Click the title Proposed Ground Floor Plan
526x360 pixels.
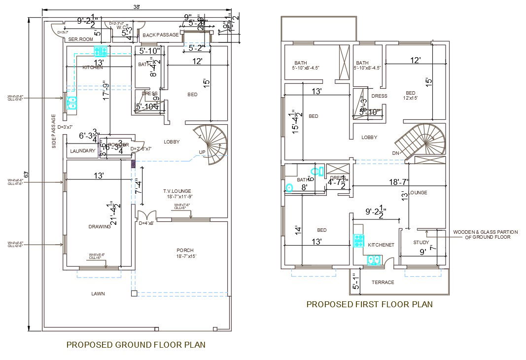point(136,345)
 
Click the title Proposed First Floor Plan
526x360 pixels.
point(369,304)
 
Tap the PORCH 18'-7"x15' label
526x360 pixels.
point(185,253)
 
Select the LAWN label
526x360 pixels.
point(98,293)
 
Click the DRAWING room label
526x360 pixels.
point(99,226)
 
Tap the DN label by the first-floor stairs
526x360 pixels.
point(395,153)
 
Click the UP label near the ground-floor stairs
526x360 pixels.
point(202,152)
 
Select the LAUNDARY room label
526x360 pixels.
point(83,151)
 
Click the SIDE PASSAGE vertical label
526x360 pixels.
point(54,131)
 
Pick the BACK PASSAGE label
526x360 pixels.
point(161,35)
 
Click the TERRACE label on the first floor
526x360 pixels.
point(383,282)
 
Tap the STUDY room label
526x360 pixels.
point(421,242)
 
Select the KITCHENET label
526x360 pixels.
point(381,245)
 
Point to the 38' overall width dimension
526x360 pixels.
point(137,7)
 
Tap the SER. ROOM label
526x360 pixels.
point(80,39)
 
